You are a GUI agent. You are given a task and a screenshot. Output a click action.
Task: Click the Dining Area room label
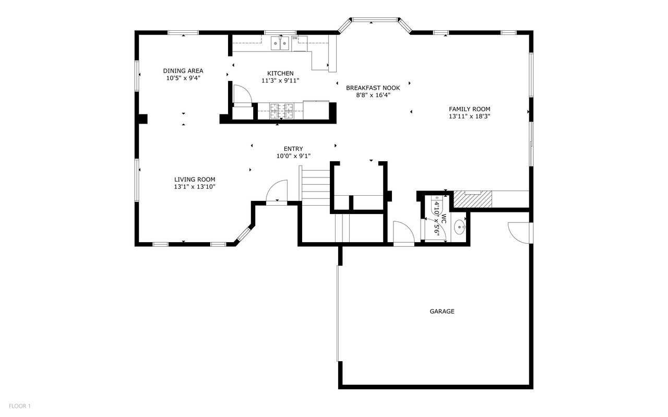tap(183, 71)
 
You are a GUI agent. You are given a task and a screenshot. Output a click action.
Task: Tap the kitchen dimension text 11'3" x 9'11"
tap(280, 80)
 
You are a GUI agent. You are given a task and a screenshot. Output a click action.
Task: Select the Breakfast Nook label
tap(373, 88)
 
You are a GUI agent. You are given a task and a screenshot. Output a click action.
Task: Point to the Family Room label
tap(470, 109)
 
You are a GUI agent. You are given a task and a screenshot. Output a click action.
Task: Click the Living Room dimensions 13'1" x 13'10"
tap(195, 187)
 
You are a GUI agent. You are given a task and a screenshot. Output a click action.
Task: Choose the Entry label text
tap(293, 149)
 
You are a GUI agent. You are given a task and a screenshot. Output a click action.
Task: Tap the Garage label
tap(442, 312)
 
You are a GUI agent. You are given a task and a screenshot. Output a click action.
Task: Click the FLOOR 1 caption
tap(20, 406)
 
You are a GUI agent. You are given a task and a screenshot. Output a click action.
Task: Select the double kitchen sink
tap(280, 43)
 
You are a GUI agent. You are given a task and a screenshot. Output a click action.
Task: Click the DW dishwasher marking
tap(295, 38)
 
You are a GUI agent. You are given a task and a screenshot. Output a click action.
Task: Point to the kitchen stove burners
tap(281, 111)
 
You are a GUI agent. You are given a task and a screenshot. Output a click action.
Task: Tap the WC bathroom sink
tap(459, 228)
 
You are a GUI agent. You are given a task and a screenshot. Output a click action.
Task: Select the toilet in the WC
tap(437, 205)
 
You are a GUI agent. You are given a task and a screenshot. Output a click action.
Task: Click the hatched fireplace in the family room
tap(473, 199)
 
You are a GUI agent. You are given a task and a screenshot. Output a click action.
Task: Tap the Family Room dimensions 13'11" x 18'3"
tap(470, 116)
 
